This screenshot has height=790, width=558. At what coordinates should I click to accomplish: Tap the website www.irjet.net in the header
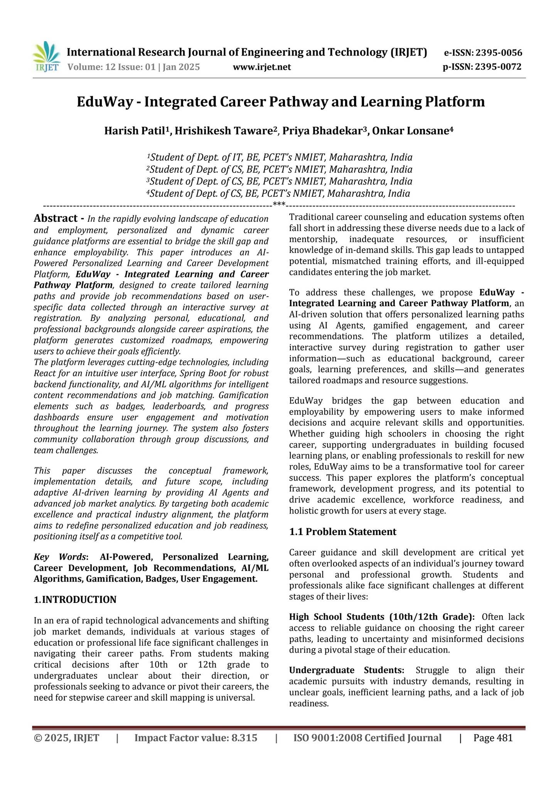pyautogui.click(x=262, y=68)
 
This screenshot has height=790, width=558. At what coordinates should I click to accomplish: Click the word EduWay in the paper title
pyautogui.click(x=104, y=102)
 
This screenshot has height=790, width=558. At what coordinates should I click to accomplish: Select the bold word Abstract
pyautogui.click(x=56, y=218)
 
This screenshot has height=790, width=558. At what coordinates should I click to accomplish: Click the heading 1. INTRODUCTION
pyautogui.click(x=75, y=599)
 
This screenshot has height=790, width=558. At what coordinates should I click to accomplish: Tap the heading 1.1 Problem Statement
pyautogui.click(x=342, y=532)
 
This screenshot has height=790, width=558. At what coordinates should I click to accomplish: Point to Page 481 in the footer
pyautogui.click(x=493, y=738)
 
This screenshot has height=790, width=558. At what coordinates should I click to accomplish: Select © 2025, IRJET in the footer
pyautogui.click(x=66, y=738)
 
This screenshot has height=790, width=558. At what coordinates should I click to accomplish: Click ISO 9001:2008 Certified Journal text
pyautogui.click(x=367, y=738)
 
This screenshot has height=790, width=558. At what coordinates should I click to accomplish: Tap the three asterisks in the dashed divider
pyautogui.click(x=279, y=204)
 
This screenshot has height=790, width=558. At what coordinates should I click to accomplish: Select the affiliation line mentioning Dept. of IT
pyautogui.click(x=280, y=157)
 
